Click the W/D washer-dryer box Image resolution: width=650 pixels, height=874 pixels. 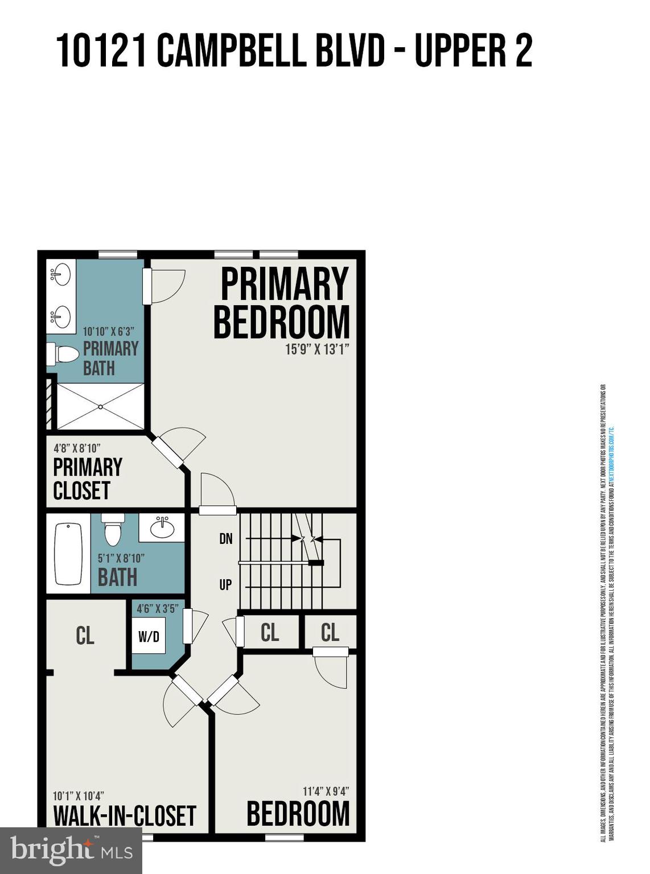(x=149, y=636)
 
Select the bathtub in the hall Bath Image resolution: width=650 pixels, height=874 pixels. (x=68, y=554)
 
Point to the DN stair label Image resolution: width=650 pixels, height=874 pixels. (x=226, y=538)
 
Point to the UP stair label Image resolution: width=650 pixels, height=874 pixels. (x=226, y=584)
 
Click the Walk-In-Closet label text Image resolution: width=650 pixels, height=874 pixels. (x=125, y=815)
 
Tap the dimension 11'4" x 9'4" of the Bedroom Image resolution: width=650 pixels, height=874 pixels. (x=326, y=791)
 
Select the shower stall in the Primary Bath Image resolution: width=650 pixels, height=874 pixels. (x=100, y=406)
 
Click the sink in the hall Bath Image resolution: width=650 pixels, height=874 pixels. (x=162, y=528)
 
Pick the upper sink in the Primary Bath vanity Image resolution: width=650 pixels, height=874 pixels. (x=60, y=275)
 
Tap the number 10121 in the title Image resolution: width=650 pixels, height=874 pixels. (x=102, y=51)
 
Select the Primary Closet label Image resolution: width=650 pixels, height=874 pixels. (x=87, y=479)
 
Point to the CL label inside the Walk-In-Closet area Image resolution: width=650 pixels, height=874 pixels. (x=85, y=636)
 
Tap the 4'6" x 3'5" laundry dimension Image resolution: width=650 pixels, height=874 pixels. (x=157, y=608)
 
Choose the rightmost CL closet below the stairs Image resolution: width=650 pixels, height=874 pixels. (x=330, y=632)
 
